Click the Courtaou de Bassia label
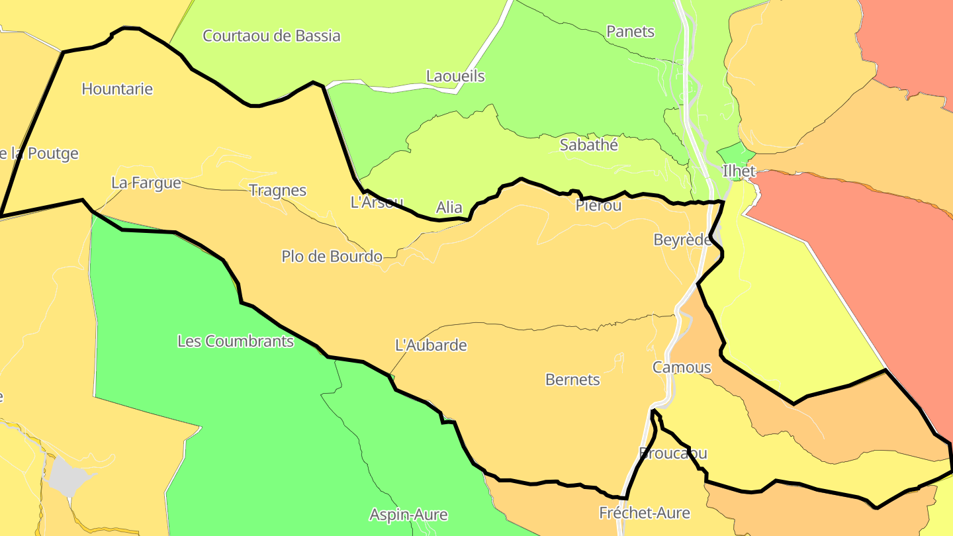click(x=271, y=36)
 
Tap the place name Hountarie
click(x=117, y=89)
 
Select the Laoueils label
click(x=455, y=76)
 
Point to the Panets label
click(x=630, y=31)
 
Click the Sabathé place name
click(x=588, y=145)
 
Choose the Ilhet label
click(x=739, y=171)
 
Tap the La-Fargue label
click(x=146, y=183)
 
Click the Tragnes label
click(x=277, y=191)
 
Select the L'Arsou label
click(x=377, y=202)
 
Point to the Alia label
click(x=449, y=208)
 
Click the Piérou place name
click(x=598, y=205)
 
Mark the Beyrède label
click(x=682, y=240)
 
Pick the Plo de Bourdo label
click(x=332, y=256)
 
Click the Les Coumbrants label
click(x=235, y=341)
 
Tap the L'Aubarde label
click(x=430, y=345)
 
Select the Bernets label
click(x=572, y=380)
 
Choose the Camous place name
click(x=682, y=367)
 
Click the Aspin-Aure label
click(x=408, y=515)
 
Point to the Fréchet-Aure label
click(x=644, y=513)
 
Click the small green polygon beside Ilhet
click(x=730, y=153)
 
